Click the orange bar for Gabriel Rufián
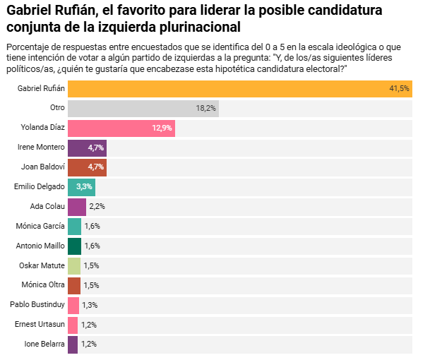pos(240,89)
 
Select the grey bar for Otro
pos(143,108)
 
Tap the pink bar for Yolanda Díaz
pos(121,128)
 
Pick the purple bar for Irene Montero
pos(87,148)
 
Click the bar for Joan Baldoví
pos(87,167)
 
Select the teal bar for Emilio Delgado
pos(81,187)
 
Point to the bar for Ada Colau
pos(76,207)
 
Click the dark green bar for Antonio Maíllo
pos(74,246)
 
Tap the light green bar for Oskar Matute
pos(74,265)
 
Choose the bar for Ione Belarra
pos(73,344)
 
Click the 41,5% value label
pos(399,89)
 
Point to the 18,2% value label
pos(205,108)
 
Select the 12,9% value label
pos(162,128)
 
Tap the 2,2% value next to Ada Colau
pos(97,207)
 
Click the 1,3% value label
pos(89,305)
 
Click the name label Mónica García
pos(40,227)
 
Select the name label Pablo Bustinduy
pos(37,305)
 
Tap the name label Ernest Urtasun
pos(40,325)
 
